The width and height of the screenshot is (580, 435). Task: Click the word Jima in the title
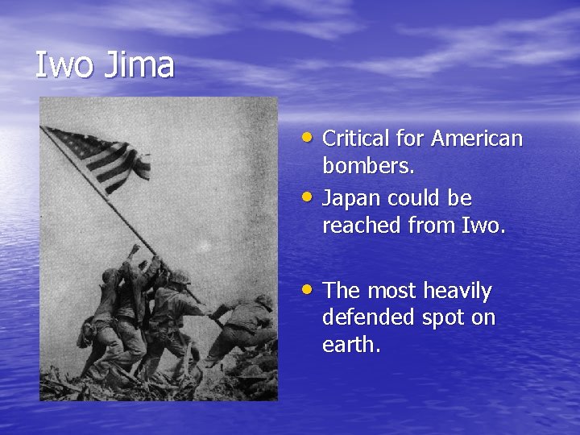139,65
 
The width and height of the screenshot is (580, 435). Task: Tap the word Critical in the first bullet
357,139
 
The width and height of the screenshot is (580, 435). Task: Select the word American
477,139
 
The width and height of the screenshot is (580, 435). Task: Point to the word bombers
368,166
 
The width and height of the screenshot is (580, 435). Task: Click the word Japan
351,198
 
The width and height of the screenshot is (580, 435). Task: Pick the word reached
362,226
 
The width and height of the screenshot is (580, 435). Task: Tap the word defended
367,318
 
